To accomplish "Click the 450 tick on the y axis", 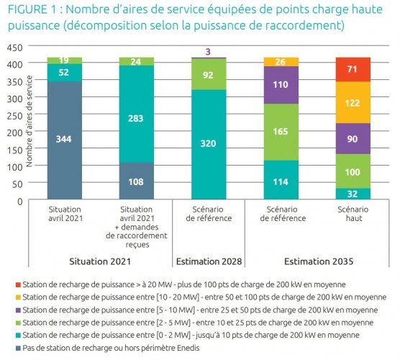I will tap(16, 48).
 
